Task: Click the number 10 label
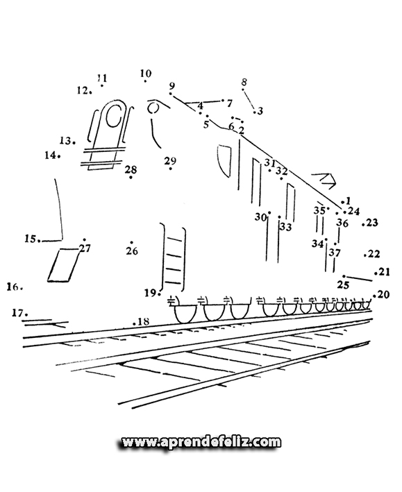(x=146, y=74)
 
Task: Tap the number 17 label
(x=18, y=312)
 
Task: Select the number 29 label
(x=170, y=161)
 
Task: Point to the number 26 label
(x=132, y=251)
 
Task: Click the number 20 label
(x=383, y=294)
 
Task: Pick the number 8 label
(x=244, y=82)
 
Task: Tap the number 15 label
(x=31, y=239)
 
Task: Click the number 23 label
(x=372, y=223)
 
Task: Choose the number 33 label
(x=286, y=226)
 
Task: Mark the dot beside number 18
(x=134, y=323)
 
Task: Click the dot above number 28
(x=131, y=178)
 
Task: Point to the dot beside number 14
(x=59, y=155)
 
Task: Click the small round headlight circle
(x=153, y=108)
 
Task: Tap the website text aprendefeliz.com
(x=201, y=442)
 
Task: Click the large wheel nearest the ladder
(x=185, y=314)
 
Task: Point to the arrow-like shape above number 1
(x=327, y=180)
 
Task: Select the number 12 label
(x=83, y=90)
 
